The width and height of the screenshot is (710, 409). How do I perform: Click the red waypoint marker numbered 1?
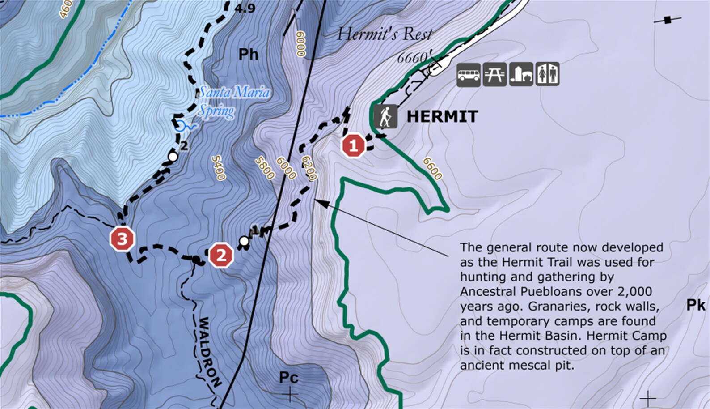(353, 145)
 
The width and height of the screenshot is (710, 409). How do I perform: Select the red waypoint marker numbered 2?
(221, 256)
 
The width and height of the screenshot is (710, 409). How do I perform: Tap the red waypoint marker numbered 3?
(122, 239)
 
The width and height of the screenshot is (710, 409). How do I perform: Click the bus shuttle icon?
(468, 74)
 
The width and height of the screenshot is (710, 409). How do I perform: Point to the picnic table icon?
(494, 74)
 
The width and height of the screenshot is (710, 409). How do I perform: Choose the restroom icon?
(547, 74)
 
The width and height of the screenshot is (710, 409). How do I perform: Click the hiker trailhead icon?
(385, 116)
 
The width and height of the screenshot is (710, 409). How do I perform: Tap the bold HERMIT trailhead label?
(442, 117)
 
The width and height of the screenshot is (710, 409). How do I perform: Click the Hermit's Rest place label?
(385, 34)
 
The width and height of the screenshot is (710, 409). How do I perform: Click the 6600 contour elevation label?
(432, 168)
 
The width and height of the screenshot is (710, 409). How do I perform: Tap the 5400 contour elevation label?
(218, 167)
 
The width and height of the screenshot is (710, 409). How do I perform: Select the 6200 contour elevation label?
(309, 168)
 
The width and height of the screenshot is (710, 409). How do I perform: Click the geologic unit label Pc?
(288, 378)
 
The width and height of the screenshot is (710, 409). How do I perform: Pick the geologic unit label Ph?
(248, 55)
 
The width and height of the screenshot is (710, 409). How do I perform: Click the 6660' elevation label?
(414, 57)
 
